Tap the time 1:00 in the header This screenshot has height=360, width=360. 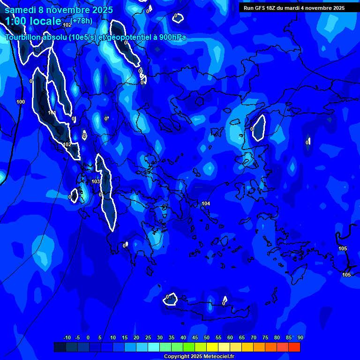(17, 21)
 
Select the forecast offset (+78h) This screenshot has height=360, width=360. (82, 20)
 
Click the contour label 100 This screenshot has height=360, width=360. (21, 102)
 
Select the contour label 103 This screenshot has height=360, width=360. (96, 181)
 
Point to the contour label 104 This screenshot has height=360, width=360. (206, 203)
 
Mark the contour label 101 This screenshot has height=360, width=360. (52, 113)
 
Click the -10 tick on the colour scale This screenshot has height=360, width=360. (67, 337)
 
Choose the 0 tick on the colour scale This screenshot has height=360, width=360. (88, 337)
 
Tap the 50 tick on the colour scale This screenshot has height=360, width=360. (207, 337)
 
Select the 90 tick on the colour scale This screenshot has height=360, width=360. (300, 337)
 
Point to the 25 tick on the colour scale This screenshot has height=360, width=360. (148, 337)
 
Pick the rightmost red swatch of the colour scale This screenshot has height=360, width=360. (294, 347)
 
